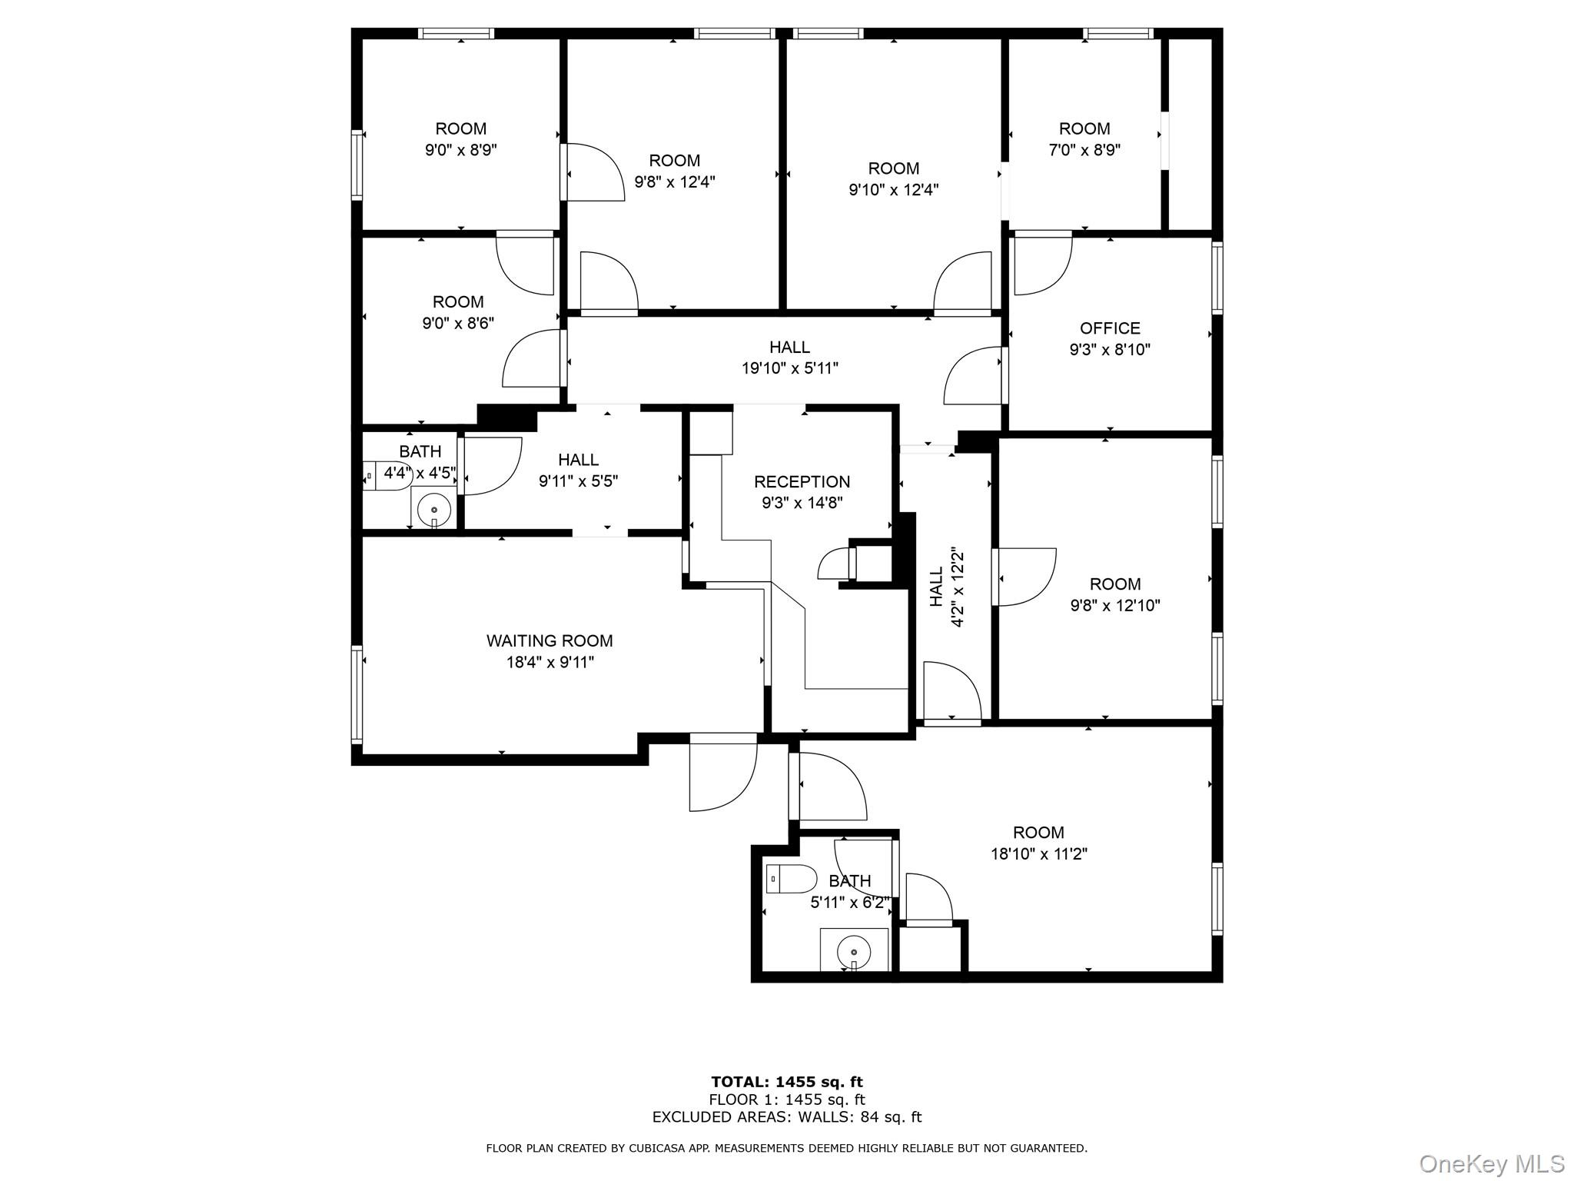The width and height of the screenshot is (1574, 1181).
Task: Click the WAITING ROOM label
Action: point(549,640)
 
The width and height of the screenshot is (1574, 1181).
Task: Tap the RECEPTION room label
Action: point(802,482)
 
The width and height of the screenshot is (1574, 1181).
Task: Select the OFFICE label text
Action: point(1109,329)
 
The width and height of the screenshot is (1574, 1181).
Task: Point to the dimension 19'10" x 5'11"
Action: point(789,368)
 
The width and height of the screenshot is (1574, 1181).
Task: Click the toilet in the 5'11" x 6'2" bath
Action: point(792,878)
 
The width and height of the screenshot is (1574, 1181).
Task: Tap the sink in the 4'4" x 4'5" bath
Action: point(434,508)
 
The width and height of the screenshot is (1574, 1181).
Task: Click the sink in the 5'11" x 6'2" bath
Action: point(853,950)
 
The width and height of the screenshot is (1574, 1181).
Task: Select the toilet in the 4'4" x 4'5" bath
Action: point(387,476)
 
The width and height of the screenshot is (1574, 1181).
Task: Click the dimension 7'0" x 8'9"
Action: point(1084,150)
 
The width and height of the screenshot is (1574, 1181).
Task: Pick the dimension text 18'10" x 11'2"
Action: point(1038,853)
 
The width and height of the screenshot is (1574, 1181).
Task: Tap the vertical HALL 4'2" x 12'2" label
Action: point(946,587)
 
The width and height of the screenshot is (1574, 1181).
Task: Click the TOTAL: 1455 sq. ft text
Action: point(786,1083)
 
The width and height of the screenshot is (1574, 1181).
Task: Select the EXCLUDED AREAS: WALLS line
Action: point(786,1117)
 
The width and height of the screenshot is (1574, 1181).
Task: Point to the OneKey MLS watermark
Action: point(1491,1163)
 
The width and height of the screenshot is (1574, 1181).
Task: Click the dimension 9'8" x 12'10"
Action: point(1114,606)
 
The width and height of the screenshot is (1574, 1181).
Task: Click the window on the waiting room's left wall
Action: point(357,694)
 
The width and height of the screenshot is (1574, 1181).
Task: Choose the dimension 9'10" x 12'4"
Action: point(893,190)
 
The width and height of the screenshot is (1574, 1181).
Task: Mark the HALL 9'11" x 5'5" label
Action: point(578,471)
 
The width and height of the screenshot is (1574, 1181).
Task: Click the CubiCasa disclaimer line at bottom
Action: point(786,1148)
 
